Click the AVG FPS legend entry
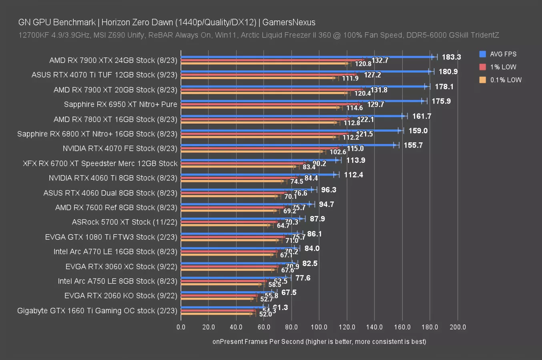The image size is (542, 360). pyautogui.click(x=503, y=54)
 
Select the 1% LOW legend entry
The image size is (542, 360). pyautogui.click(x=503, y=67)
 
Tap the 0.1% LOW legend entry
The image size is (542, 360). pyautogui.click(x=506, y=80)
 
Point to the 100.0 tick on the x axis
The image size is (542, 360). pyautogui.click(x=319, y=327)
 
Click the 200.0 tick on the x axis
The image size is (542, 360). pyautogui.click(x=458, y=327)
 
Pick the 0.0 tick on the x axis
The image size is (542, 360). pyautogui.click(x=181, y=327)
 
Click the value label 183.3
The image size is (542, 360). pyautogui.click(x=451, y=57)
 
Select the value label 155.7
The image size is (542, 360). pyautogui.click(x=413, y=145)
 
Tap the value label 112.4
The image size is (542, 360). pyautogui.click(x=353, y=175)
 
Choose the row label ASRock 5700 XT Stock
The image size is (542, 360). pyautogui.click(x=124, y=222)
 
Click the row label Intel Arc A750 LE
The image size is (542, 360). pyautogui.click(x=117, y=281)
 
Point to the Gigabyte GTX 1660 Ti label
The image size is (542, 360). pyautogui.click(x=97, y=310)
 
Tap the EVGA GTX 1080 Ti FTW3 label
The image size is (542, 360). pyautogui.click(x=111, y=237)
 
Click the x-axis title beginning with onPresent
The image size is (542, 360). pyautogui.click(x=319, y=341)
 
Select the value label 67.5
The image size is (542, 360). pyautogui.click(x=289, y=292)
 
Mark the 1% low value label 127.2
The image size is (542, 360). pyautogui.click(x=372, y=75)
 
